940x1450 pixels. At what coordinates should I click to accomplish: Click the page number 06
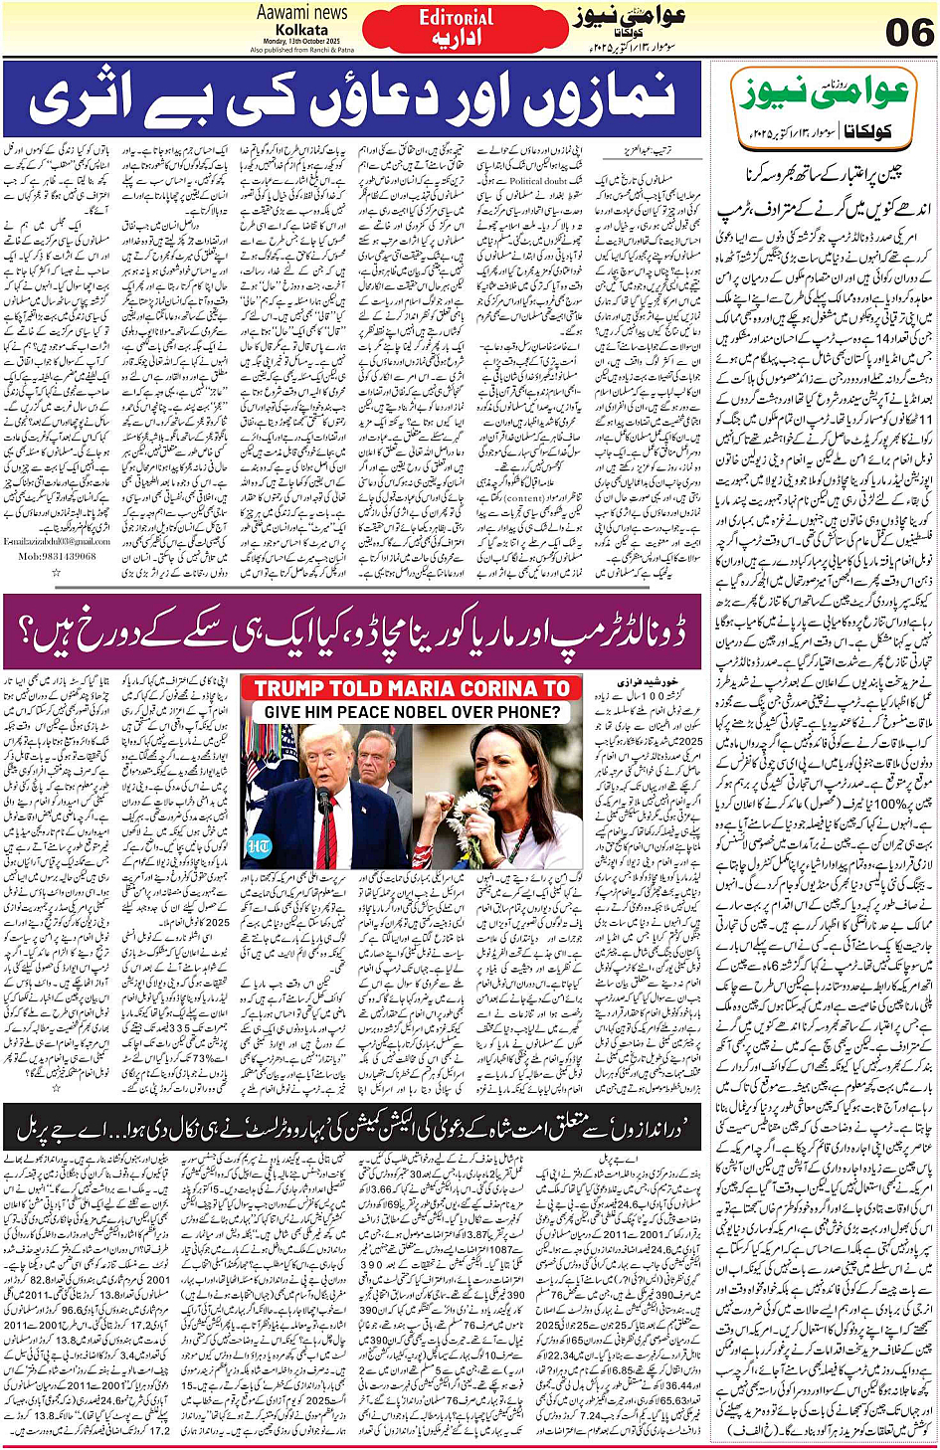click(909, 32)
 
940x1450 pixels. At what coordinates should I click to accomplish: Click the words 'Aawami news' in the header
click(302, 13)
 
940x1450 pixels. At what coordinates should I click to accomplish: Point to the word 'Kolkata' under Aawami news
click(302, 30)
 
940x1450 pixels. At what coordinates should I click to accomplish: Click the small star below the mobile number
click(57, 572)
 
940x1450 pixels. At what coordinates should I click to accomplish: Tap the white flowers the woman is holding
click(457, 824)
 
